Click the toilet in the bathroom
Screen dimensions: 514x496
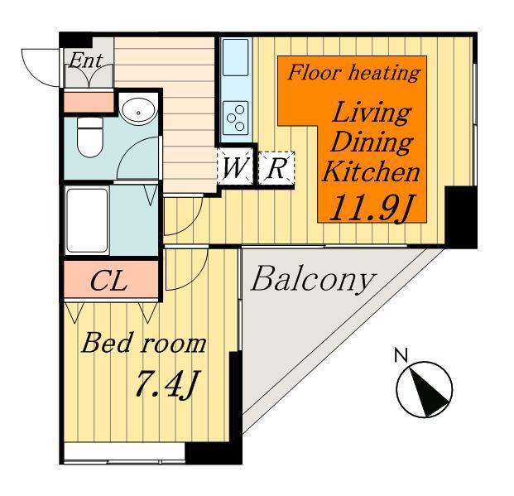tap(90, 137)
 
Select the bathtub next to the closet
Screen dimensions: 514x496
tap(87, 220)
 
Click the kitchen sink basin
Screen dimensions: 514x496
tap(235, 58)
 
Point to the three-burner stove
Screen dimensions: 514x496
tap(235, 118)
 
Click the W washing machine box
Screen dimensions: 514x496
tap(235, 167)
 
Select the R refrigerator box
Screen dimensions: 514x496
tap(276, 168)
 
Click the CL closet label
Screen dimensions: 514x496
tap(108, 281)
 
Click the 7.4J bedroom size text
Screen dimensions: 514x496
tap(166, 384)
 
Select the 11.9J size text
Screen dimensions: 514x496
tap(371, 208)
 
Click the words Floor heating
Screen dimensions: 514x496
tap(353, 73)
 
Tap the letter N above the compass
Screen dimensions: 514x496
tap(401, 355)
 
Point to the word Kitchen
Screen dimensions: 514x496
tap(371, 172)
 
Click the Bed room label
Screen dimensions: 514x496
tap(143, 343)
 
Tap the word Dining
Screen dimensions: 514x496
tap(372, 142)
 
